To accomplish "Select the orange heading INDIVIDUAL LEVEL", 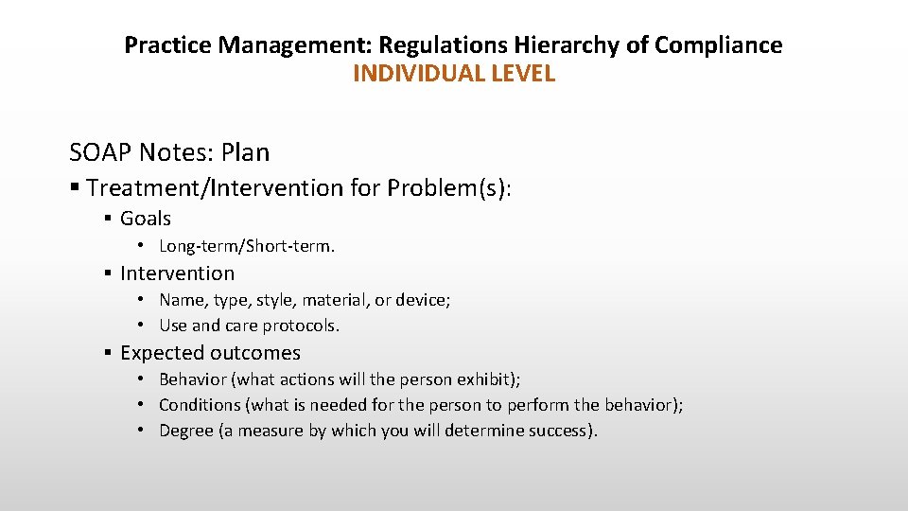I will tap(453, 74).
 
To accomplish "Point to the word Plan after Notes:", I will tap(245, 152).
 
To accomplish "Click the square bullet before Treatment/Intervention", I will tap(75, 188).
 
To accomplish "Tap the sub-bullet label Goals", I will tap(146, 219).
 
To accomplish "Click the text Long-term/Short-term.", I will tap(247, 246).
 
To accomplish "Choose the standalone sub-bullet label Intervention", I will tap(177, 273).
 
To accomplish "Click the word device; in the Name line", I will tap(424, 300).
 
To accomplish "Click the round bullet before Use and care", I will tap(139, 326).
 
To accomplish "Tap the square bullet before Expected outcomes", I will tap(109, 353).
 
